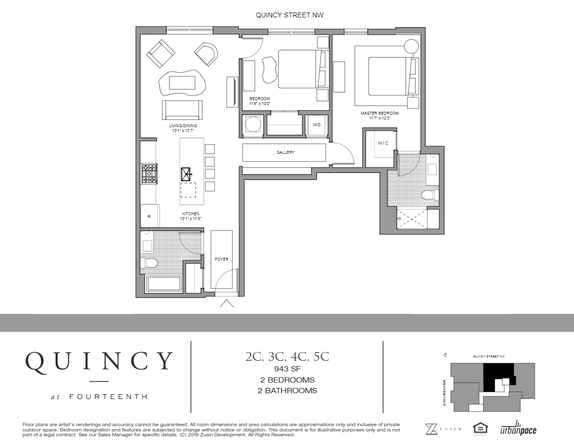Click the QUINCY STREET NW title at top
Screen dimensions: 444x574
click(289, 15)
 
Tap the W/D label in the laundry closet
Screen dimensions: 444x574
click(316, 125)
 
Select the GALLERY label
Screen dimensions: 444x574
click(286, 152)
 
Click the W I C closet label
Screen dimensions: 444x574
click(383, 143)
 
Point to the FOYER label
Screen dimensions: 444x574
click(221, 259)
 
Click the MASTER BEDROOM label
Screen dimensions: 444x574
click(379, 113)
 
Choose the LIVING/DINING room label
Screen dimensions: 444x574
click(183, 126)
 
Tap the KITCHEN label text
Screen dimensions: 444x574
click(190, 214)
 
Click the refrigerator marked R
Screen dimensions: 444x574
click(149, 216)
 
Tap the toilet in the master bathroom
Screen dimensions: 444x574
click(429, 195)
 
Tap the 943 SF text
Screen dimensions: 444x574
click(287, 369)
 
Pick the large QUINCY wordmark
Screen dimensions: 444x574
click(99, 361)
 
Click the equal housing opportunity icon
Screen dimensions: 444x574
click(480, 428)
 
